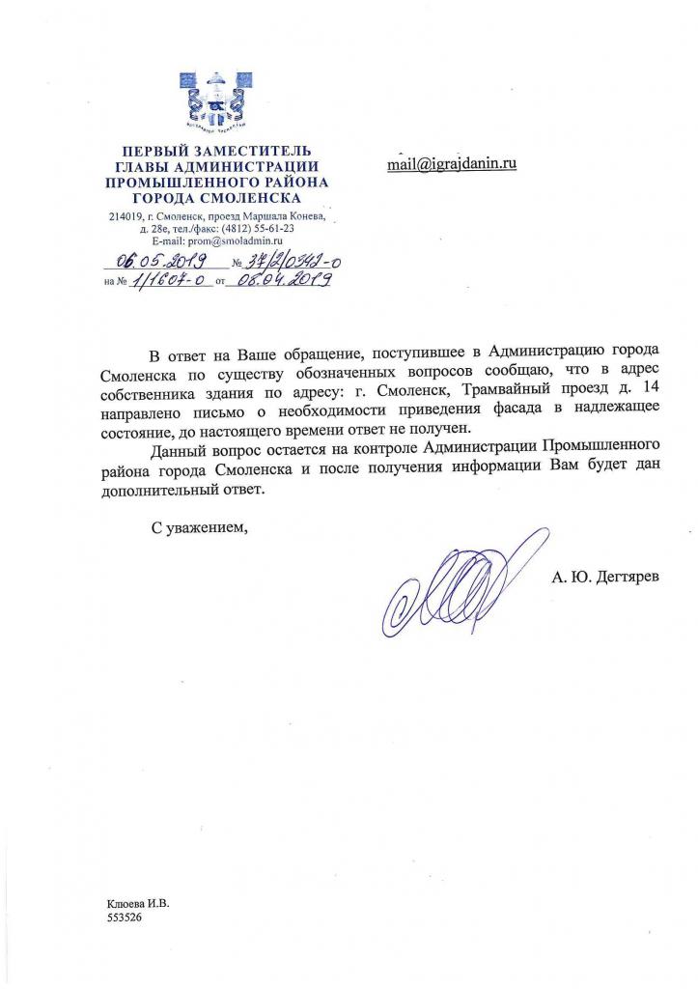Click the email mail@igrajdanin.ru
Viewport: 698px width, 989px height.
pos(452,163)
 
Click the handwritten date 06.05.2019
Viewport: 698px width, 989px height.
pos(157,260)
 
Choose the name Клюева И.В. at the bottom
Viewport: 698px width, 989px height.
pos(137,904)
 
